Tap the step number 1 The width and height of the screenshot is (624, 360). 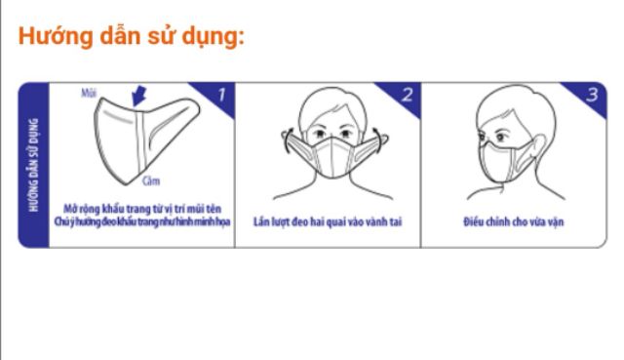click(219, 96)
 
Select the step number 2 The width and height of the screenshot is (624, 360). click(407, 96)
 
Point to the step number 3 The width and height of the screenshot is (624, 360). click(591, 96)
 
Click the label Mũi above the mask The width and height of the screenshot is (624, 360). click(90, 93)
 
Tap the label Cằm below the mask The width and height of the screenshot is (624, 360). click(150, 180)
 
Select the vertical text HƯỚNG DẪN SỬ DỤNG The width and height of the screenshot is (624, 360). click(34, 165)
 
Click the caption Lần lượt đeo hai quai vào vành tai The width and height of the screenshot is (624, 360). click(328, 222)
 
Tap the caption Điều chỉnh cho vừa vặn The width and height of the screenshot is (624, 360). click(513, 222)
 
